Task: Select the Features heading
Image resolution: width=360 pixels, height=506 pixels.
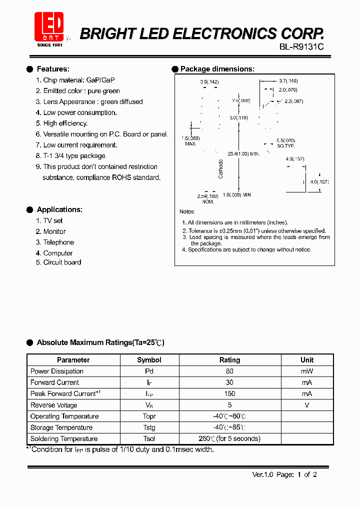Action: coord(53,69)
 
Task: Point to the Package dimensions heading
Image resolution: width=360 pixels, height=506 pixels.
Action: coord(217,69)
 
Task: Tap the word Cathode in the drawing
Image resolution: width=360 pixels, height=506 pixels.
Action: coord(221,169)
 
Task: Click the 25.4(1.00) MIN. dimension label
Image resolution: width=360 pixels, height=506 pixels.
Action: coord(244,153)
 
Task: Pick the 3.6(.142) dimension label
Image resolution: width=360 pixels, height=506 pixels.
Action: coord(209,81)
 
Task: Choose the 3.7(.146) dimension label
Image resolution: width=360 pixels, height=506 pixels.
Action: coord(288,80)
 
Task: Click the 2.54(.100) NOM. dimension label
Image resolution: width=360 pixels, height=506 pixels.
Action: coord(208,198)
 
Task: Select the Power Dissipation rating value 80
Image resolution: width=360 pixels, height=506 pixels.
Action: coord(229,371)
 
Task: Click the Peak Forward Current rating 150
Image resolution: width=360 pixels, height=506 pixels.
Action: coord(229,394)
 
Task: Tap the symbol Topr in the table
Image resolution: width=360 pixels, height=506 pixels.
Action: coord(149,416)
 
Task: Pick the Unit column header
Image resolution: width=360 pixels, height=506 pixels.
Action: coord(307,360)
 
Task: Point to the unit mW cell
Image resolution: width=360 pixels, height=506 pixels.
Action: coord(307,371)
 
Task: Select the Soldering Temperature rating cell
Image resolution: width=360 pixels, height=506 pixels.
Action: coord(229,439)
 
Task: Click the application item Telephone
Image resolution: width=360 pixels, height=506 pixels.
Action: coord(58,242)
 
